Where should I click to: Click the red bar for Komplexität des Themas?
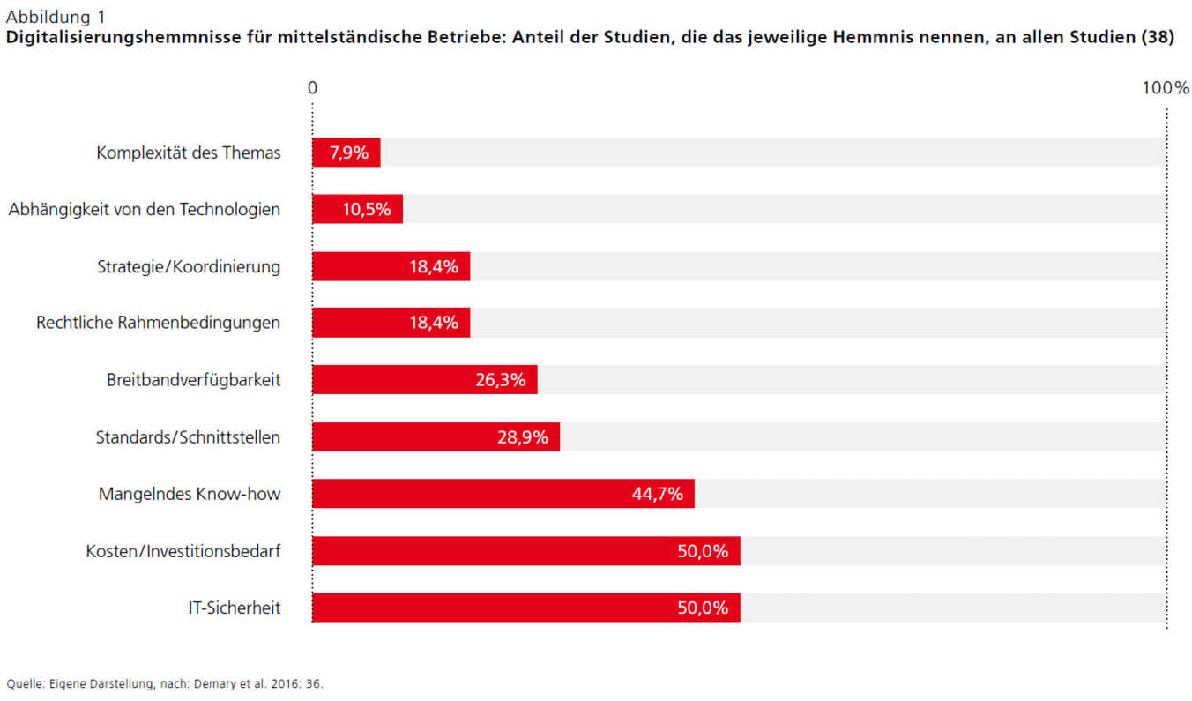click(x=346, y=153)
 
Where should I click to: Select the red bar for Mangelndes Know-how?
click(x=503, y=494)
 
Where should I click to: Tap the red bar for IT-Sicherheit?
click(x=525, y=608)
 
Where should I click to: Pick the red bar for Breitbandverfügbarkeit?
click(x=424, y=380)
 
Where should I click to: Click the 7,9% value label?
click(x=348, y=153)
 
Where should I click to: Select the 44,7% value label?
click(x=658, y=494)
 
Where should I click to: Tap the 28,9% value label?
click(x=523, y=437)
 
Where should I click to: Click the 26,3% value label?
click(x=500, y=380)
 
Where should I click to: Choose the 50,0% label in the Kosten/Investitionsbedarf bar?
click(x=703, y=551)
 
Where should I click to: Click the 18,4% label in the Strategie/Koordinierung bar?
click(x=434, y=266)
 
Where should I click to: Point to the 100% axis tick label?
click(x=1166, y=88)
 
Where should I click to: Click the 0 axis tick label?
click(x=312, y=88)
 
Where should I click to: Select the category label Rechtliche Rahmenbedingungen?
click(x=158, y=323)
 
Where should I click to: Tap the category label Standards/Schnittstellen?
click(x=188, y=437)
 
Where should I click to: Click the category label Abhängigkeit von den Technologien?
click(x=145, y=210)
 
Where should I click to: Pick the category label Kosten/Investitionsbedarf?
click(x=183, y=551)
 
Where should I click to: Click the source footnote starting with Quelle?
click(x=165, y=683)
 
